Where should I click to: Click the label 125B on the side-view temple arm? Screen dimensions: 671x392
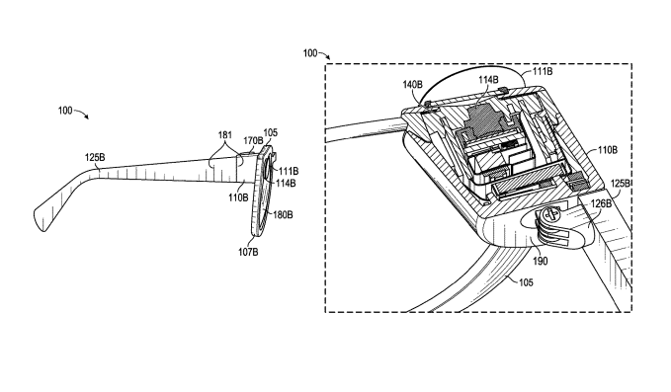[x=95, y=158]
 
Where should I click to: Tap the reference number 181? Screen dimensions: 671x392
[x=225, y=135]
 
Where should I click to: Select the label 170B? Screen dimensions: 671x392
[x=253, y=140]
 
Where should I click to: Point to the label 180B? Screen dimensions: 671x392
[x=283, y=214]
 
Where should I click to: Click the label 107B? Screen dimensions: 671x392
[x=248, y=252]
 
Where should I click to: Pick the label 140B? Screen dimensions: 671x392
[x=412, y=85]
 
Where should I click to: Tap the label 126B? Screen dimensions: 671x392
[x=601, y=203]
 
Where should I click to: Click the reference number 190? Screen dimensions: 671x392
[x=540, y=261]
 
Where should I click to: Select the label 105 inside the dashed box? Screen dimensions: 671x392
[x=526, y=282]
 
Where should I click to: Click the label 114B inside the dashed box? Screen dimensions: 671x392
[x=488, y=80]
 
